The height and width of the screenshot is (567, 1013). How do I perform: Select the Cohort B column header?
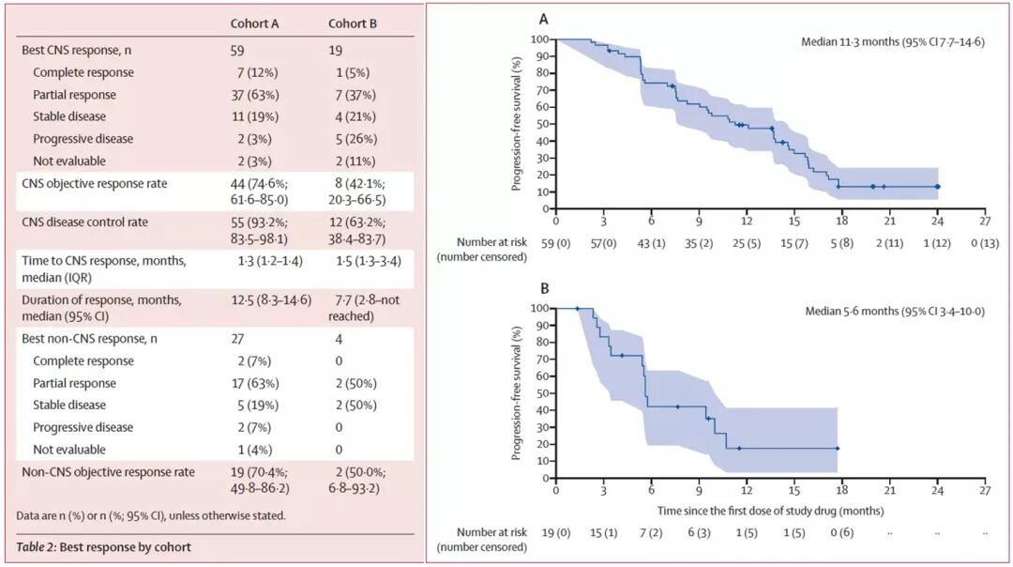[353, 23]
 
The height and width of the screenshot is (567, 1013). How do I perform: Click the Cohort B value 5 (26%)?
[358, 139]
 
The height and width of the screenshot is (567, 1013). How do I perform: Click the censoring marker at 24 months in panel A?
[937, 187]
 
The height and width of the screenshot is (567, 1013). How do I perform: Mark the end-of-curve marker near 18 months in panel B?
[837, 449]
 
